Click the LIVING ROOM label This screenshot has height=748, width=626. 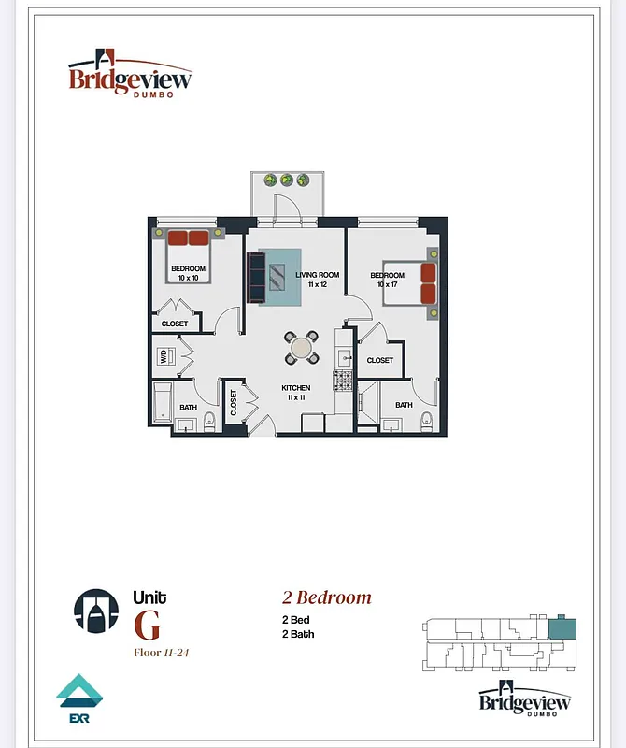(317, 275)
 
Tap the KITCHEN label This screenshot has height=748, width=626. (296, 388)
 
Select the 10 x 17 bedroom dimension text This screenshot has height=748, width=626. (387, 284)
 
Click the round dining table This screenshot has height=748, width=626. (301, 348)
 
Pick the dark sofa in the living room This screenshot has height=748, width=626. (256, 276)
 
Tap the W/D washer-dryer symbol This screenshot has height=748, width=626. (164, 356)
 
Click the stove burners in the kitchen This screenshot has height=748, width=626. (343, 381)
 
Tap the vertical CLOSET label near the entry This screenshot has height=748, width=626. (234, 403)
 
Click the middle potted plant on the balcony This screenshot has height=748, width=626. (287, 180)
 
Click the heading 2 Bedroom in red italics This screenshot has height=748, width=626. (327, 597)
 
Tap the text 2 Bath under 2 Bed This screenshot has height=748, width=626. (298, 634)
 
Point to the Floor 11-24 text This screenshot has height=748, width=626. (162, 652)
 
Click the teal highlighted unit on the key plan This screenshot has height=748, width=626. (562, 628)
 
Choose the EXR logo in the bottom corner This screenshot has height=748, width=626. (78, 700)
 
